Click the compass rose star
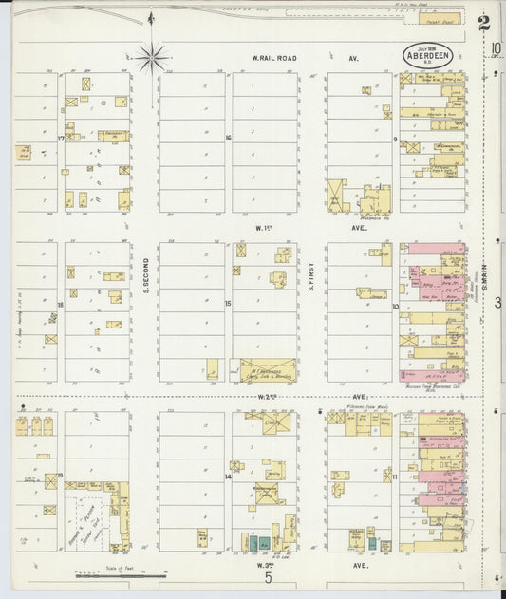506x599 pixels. click(152, 57)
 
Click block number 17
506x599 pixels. click(60, 139)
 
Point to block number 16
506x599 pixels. click(228, 139)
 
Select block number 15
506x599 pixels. click(228, 304)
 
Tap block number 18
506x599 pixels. click(60, 305)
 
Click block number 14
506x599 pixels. click(229, 465)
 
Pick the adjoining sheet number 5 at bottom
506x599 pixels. click(269, 577)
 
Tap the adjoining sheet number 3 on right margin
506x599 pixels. click(497, 303)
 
